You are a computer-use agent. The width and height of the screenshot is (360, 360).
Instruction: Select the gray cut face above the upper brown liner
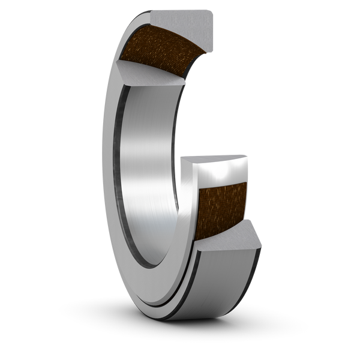(x=180, y=21)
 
